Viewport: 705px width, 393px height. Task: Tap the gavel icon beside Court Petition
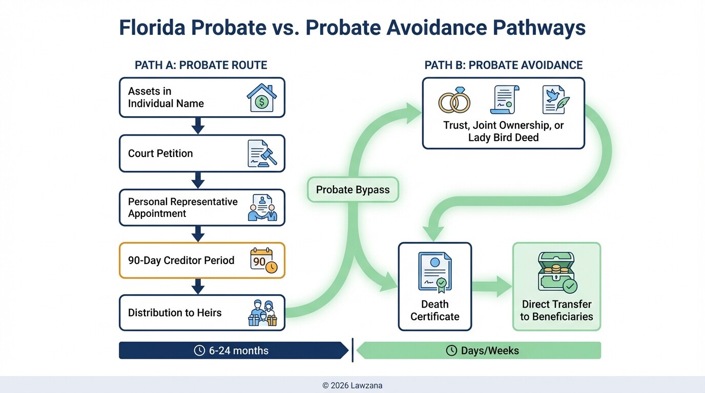(x=262, y=154)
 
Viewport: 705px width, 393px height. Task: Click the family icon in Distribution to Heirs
(x=262, y=313)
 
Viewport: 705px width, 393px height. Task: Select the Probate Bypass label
(x=352, y=190)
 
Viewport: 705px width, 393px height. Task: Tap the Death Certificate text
(x=434, y=311)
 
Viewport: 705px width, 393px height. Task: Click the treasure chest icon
(x=557, y=271)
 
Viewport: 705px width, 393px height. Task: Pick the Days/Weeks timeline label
(x=483, y=351)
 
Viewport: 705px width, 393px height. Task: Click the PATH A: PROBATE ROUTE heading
(x=201, y=65)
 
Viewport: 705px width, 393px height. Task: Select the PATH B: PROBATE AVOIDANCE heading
(x=503, y=65)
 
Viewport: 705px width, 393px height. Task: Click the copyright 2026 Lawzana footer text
(x=352, y=385)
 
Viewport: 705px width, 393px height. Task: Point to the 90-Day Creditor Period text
(x=181, y=260)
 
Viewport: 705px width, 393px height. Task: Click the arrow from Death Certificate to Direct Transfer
(x=492, y=287)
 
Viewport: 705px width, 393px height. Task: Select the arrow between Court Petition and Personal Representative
(x=198, y=180)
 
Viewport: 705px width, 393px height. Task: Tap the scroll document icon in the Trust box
(x=504, y=99)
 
